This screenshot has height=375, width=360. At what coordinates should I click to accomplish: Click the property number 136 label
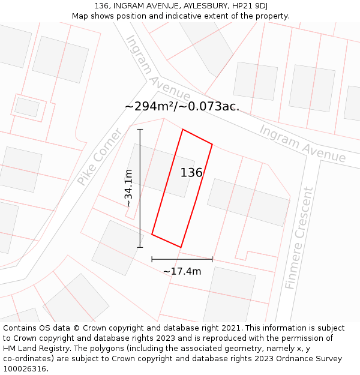coord(191,173)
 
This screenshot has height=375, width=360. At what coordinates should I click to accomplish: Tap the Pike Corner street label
coord(100,156)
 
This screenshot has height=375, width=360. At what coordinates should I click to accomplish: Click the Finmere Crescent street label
coord(299,238)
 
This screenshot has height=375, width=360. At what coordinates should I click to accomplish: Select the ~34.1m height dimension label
coord(128,188)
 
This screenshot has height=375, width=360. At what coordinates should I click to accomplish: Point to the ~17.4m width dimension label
coord(182,271)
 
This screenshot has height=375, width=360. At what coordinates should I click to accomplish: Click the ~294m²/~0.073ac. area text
coord(182,107)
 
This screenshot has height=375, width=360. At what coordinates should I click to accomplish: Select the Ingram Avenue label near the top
coord(157,68)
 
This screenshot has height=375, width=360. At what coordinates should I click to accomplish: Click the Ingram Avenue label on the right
coord(302,143)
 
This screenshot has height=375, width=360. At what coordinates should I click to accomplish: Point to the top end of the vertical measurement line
coord(140,129)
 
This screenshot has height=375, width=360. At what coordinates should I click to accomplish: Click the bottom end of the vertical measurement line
coord(140,247)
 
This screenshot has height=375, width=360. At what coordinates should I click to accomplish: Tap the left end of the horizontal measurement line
coord(152,259)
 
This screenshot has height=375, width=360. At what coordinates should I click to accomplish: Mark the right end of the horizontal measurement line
coord(212,259)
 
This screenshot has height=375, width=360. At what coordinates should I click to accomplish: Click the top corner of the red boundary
coord(182,130)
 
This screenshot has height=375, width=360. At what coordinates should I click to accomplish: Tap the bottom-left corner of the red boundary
coord(152,234)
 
